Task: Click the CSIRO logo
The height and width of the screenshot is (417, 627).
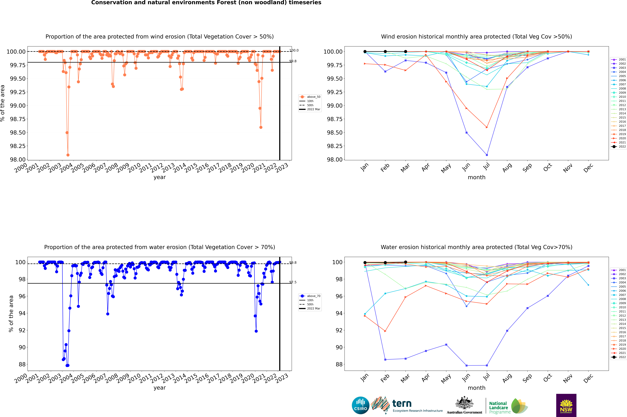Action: pos(360,405)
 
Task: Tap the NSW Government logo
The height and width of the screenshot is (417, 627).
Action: pos(566,405)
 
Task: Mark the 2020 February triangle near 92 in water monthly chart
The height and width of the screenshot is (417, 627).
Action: pos(385,331)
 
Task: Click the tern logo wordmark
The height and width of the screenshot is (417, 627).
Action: pos(402,404)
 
